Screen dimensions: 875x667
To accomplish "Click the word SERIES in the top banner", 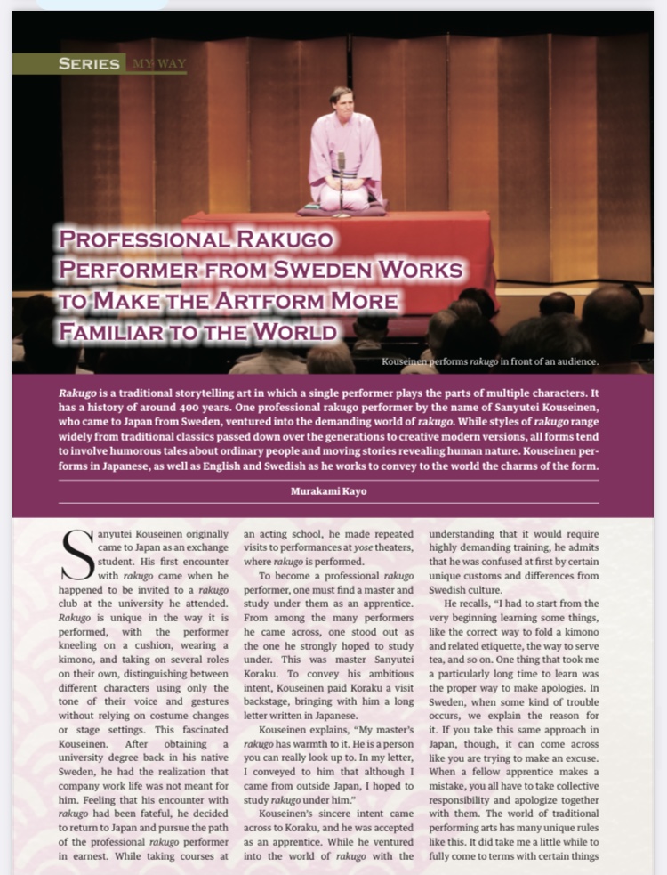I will pyautogui.click(x=88, y=63).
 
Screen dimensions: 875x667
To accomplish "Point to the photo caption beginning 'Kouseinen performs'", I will pyautogui.click(x=489, y=361).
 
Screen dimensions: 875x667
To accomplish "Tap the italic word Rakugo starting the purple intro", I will pyautogui.click(x=77, y=392).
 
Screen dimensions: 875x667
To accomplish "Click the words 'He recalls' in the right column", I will pyautogui.click(x=463, y=604).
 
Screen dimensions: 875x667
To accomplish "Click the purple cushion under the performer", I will pyautogui.click(x=342, y=209).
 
